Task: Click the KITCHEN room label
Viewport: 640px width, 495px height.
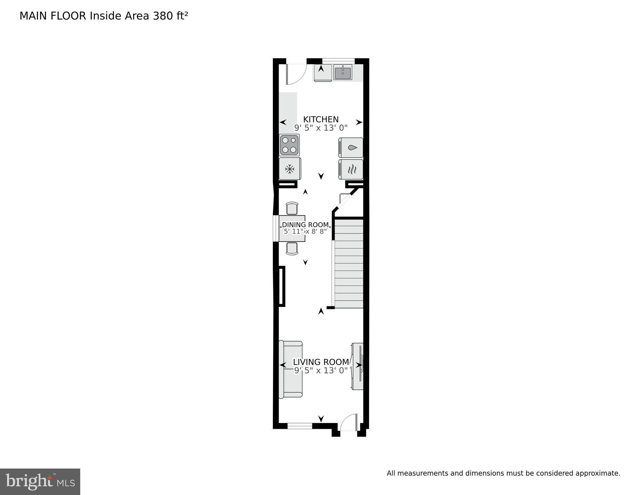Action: pyautogui.click(x=321, y=119)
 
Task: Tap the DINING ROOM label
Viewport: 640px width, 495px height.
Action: pyautogui.click(x=305, y=225)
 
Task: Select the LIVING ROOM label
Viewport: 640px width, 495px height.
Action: pyautogui.click(x=321, y=362)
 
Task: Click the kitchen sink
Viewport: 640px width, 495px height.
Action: pyautogui.click(x=343, y=73)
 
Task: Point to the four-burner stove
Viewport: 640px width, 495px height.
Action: pyautogui.click(x=289, y=145)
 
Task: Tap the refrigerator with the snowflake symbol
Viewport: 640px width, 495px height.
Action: pyautogui.click(x=290, y=169)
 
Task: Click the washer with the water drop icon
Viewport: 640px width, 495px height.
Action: pyautogui.click(x=351, y=148)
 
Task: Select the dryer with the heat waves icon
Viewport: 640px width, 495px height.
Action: pyautogui.click(x=351, y=169)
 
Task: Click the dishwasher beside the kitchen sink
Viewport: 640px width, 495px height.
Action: pyautogui.click(x=323, y=73)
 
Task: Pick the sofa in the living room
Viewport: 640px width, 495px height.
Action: pyautogui.click(x=291, y=369)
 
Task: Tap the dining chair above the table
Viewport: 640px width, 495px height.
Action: pyautogui.click(x=292, y=208)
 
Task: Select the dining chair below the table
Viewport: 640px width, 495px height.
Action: pyautogui.click(x=292, y=248)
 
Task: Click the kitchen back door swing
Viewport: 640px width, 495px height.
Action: pyautogui.click(x=296, y=74)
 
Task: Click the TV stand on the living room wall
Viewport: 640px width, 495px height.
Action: pyautogui.click(x=358, y=366)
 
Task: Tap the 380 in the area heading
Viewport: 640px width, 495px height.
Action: pyautogui.click(x=163, y=16)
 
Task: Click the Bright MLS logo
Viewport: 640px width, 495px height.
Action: pyautogui.click(x=40, y=482)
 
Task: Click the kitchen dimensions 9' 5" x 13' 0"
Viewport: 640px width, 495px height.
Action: pyautogui.click(x=321, y=128)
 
